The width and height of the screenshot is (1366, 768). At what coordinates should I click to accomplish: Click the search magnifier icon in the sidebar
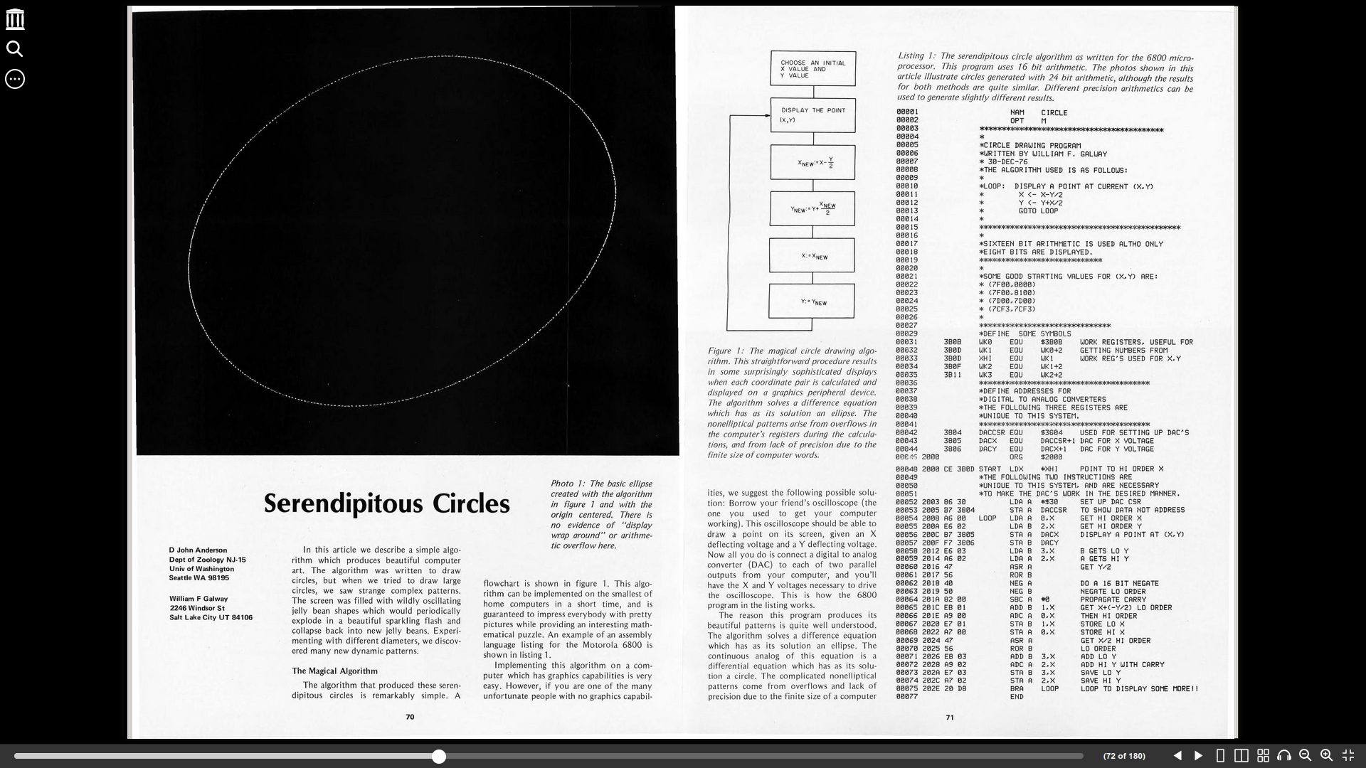click(x=14, y=49)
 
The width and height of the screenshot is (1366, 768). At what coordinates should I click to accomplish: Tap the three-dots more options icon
click(x=14, y=79)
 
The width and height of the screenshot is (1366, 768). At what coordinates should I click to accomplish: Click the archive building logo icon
click(x=14, y=19)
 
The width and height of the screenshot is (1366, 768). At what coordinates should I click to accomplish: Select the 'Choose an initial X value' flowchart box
click(x=812, y=69)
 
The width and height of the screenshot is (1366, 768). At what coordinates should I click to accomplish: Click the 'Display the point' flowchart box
click(x=812, y=115)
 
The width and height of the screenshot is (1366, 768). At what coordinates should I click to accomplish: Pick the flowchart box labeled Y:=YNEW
click(x=812, y=302)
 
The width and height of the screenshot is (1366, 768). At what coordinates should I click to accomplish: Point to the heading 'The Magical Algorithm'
click(x=334, y=671)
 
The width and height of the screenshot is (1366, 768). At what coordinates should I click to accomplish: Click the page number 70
click(x=410, y=717)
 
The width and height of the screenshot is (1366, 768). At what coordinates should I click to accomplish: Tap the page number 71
click(x=949, y=718)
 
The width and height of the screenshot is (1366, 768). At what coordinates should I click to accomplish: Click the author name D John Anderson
click(x=198, y=550)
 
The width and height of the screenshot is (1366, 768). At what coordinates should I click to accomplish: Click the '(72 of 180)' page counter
click(x=1124, y=756)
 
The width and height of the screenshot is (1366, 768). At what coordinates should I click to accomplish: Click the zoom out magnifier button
click(x=1305, y=756)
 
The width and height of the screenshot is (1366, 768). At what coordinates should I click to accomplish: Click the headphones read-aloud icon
click(x=1283, y=756)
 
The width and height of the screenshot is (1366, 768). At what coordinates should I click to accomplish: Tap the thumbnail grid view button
click(x=1263, y=756)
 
